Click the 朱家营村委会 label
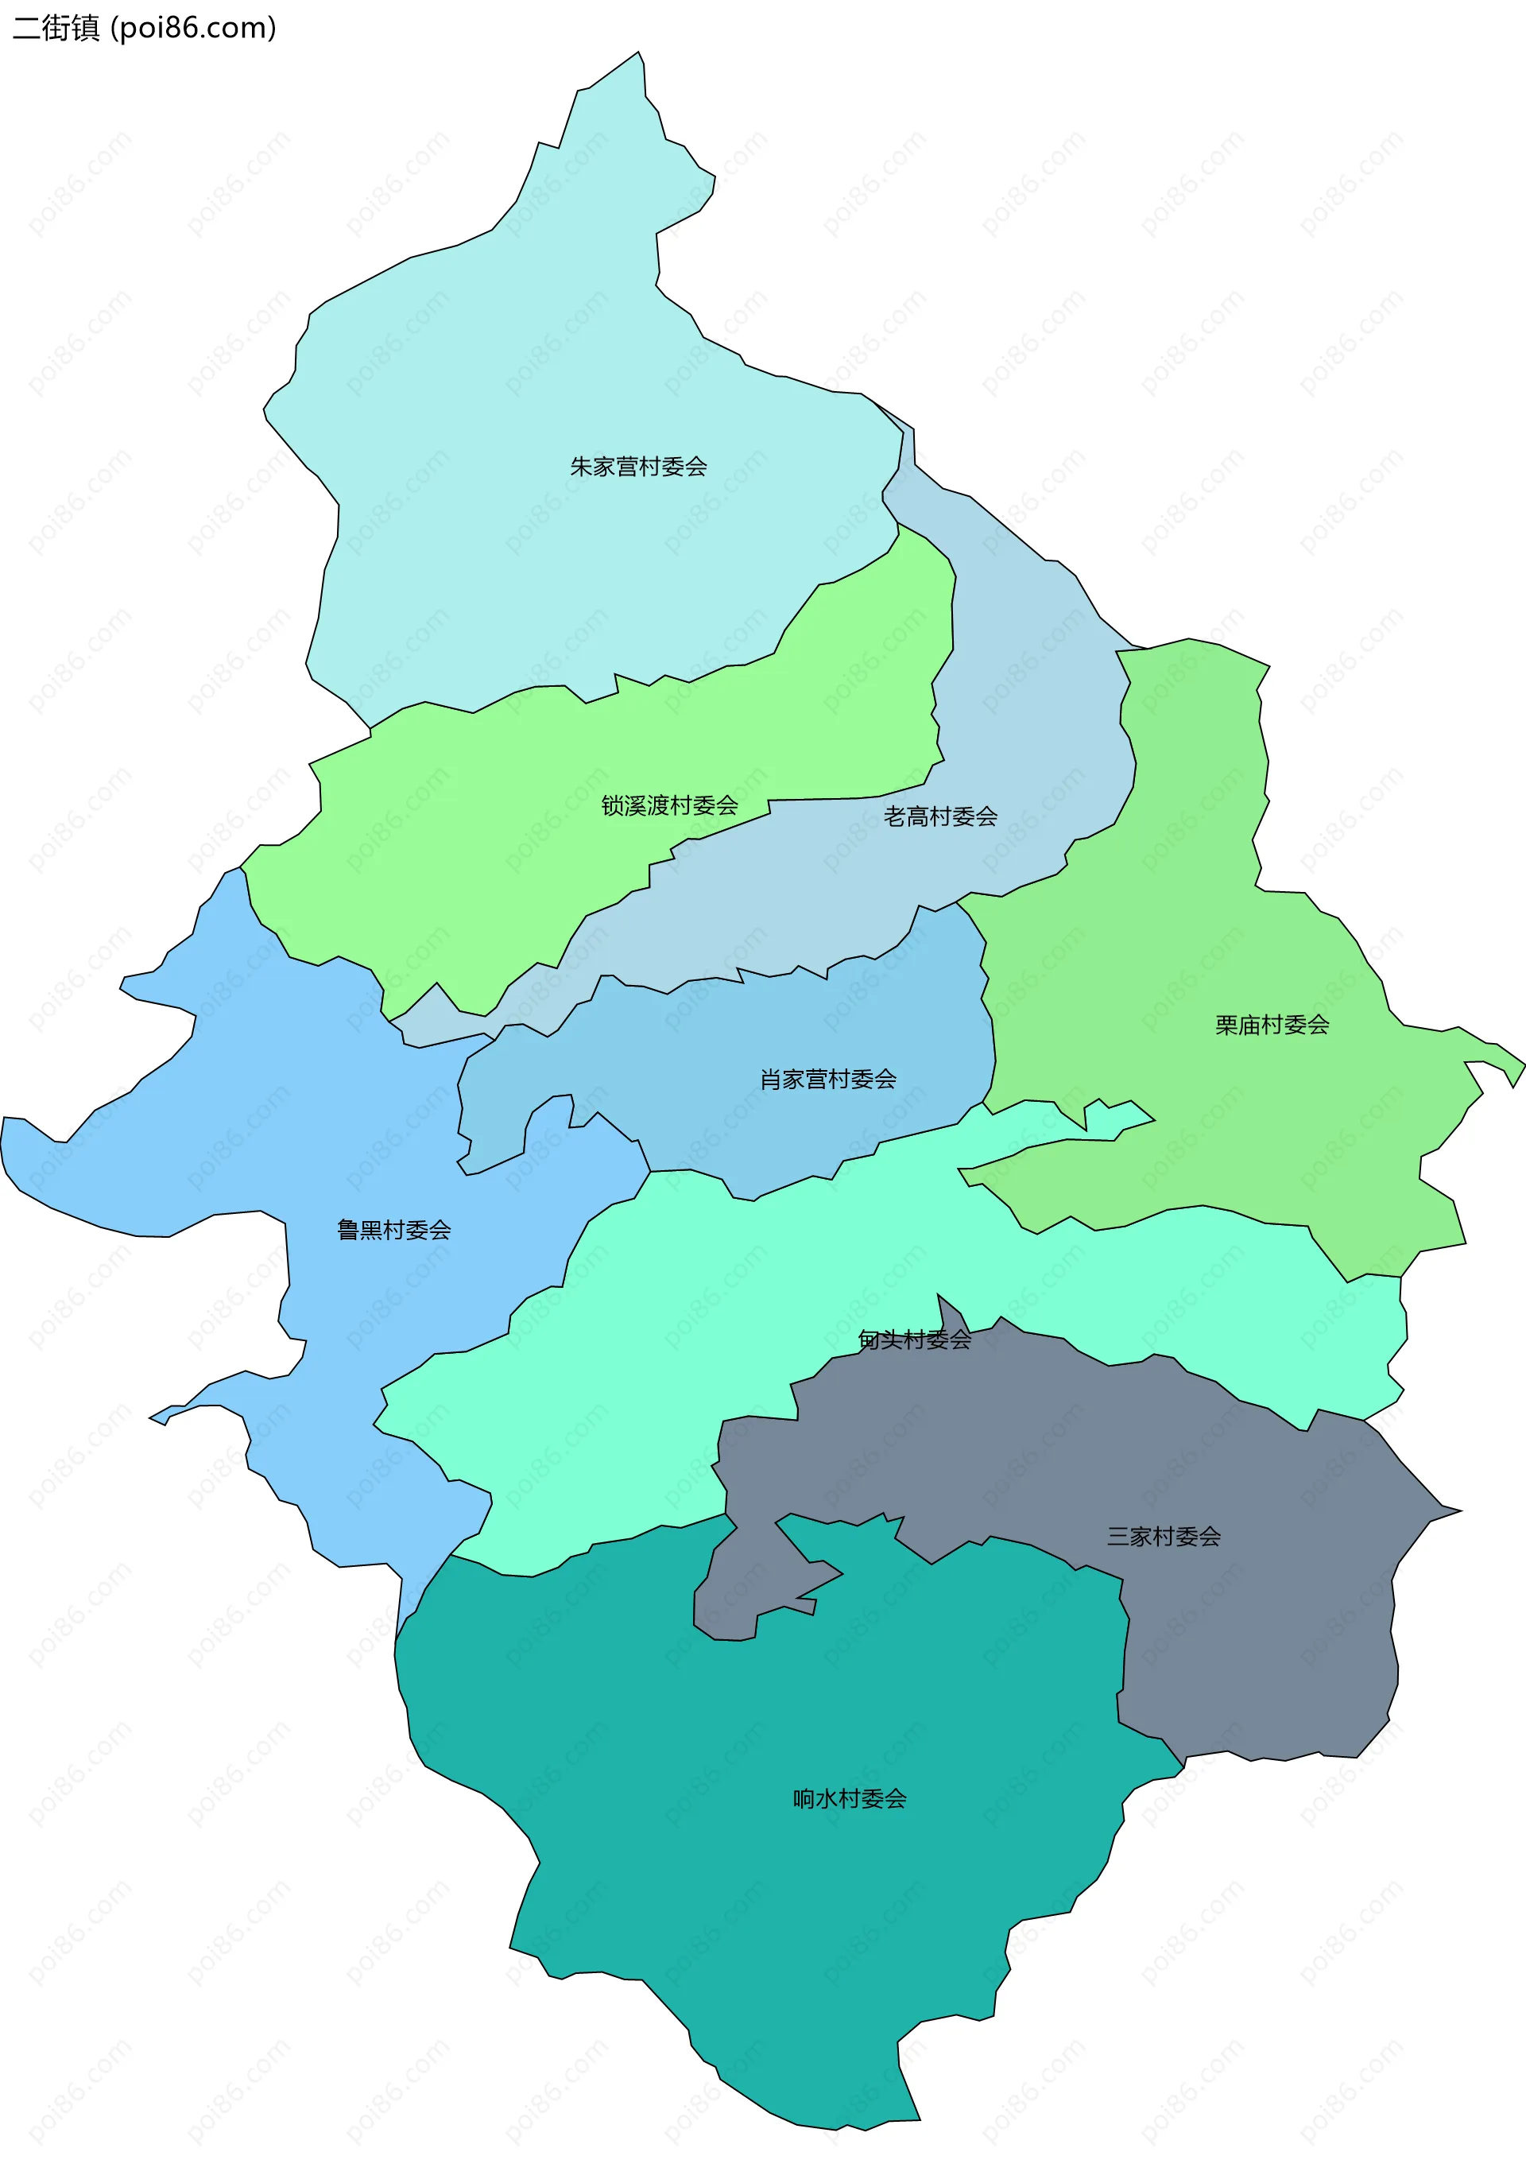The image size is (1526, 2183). [x=638, y=467]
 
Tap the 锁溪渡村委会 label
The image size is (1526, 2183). [x=669, y=805]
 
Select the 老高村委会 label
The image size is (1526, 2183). [x=939, y=816]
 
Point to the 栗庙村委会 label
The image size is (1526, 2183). [x=1271, y=1025]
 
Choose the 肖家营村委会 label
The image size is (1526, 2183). [x=827, y=1079]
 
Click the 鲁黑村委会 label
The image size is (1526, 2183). [x=393, y=1229]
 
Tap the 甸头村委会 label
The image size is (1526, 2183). [x=914, y=1340]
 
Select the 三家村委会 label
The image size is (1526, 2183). [x=1163, y=1536]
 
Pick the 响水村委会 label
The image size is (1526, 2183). [x=849, y=1798]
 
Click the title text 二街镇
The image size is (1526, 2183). [x=55, y=28]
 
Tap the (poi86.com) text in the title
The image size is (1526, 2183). [x=193, y=28]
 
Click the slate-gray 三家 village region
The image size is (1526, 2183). [x=1265, y=1635]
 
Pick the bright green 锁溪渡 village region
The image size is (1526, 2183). [x=475, y=855]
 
